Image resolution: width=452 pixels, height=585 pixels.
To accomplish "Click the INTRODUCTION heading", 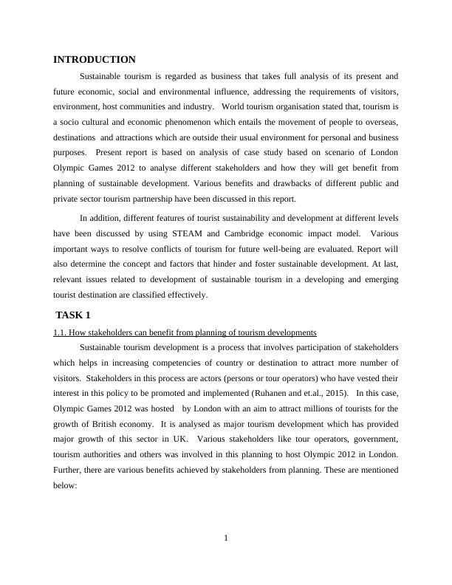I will click(95, 60).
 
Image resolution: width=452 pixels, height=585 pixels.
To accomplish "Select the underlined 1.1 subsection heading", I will click(185, 332).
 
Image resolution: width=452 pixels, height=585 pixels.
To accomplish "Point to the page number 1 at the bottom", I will click(226, 537).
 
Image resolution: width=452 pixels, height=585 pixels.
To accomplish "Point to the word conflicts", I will click(191, 250).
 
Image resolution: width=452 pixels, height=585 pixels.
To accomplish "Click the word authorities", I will click(100, 454).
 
